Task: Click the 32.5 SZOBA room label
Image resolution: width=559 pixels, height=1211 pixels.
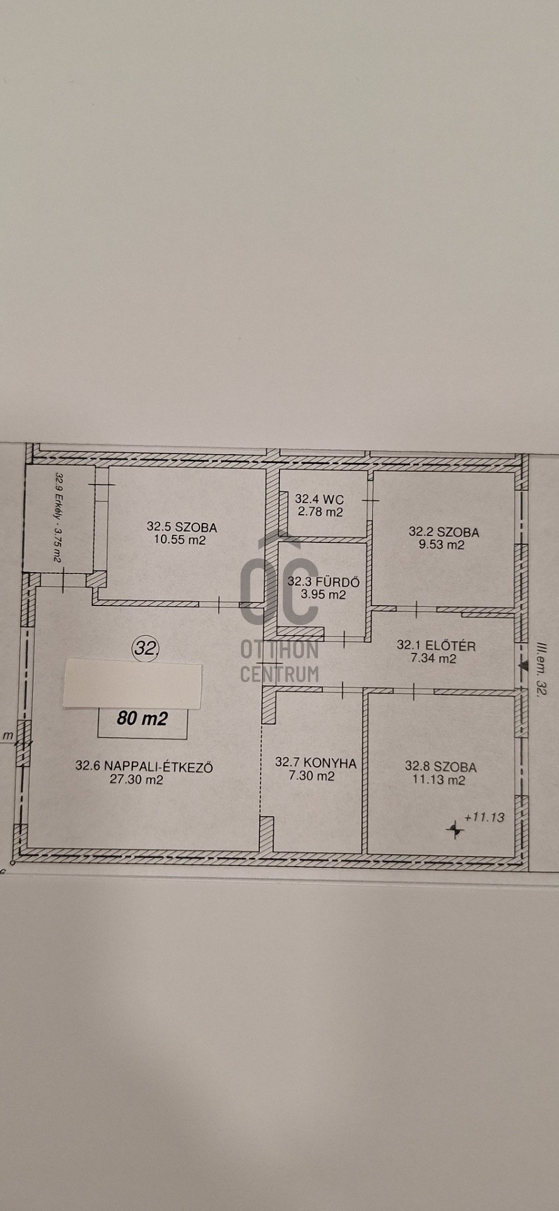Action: click(182, 526)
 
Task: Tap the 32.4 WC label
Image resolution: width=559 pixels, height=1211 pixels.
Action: click(319, 499)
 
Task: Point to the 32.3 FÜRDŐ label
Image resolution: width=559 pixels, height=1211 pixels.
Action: click(324, 582)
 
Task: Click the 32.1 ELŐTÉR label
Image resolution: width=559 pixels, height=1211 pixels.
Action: click(436, 645)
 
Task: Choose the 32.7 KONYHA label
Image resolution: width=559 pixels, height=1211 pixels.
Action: click(315, 763)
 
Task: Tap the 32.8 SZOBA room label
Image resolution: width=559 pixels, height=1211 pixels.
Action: click(440, 766)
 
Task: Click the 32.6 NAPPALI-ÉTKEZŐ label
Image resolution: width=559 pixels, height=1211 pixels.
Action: click(144, 766)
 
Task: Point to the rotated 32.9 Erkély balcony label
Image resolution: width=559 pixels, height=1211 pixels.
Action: click(59, 517)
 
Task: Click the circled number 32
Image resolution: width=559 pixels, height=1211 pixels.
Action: click(145, 647)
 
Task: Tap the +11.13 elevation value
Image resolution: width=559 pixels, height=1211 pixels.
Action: click(484, 817)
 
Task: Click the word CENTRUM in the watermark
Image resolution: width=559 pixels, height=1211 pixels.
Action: click(279, 674)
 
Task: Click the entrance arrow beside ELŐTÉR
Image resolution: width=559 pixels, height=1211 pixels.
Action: click(522, 664)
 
